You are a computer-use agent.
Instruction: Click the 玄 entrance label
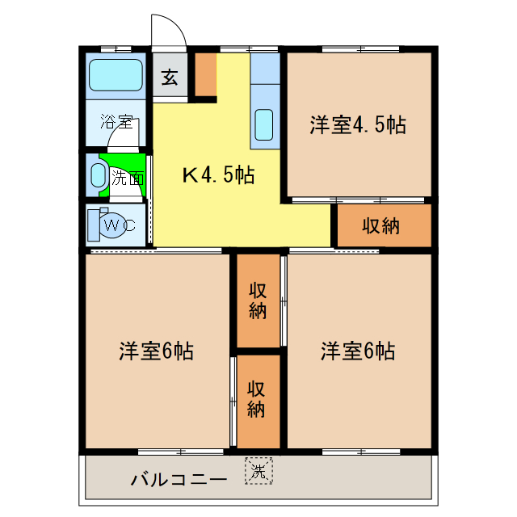(x=170, y=78)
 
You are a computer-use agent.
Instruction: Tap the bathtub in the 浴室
(x=116, y=75)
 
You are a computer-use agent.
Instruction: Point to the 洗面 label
(x=128, y=178)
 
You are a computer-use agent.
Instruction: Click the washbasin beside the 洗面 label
(x=98, y=175)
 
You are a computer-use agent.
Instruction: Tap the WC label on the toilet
(x=117, y=225)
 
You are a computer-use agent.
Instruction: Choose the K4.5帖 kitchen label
(x=217, y=174)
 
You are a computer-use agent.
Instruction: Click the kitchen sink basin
(x=264, y=124)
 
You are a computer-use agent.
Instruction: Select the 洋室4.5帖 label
(x=357, y=125)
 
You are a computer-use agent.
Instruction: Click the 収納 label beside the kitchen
(x=380, y=226)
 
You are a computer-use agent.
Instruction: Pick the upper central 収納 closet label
(x=258, y=301)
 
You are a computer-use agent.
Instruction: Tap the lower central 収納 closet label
(x=257, y=399)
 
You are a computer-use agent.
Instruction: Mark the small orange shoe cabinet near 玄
(x=205, y=74)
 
